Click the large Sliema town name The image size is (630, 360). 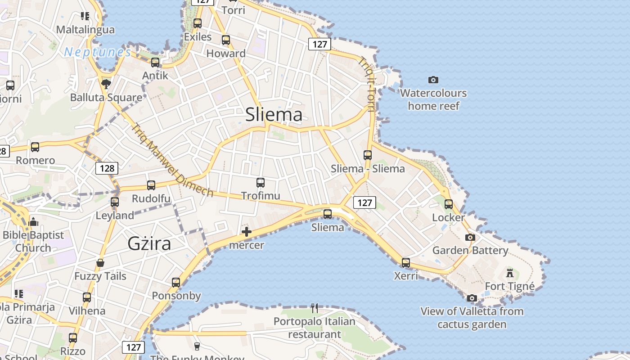274,114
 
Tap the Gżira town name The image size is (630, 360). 149,243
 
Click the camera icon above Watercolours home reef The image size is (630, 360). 433,80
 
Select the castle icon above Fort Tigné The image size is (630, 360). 509,273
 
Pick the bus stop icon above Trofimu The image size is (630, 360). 260,182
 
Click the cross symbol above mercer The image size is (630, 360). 247,232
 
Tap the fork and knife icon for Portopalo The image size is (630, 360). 315,308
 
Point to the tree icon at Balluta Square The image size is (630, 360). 106,84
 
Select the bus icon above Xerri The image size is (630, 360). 406,262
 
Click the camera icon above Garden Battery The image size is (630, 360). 470,237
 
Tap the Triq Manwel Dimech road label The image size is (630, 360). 172,160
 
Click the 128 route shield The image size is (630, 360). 107,168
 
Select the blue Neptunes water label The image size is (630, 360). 98,52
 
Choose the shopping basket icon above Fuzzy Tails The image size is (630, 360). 100,263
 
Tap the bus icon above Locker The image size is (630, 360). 448,204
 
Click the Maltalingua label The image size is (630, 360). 85,30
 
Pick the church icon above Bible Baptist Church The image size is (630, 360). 33,222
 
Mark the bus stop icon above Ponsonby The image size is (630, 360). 176,282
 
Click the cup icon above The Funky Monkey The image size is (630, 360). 197,346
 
